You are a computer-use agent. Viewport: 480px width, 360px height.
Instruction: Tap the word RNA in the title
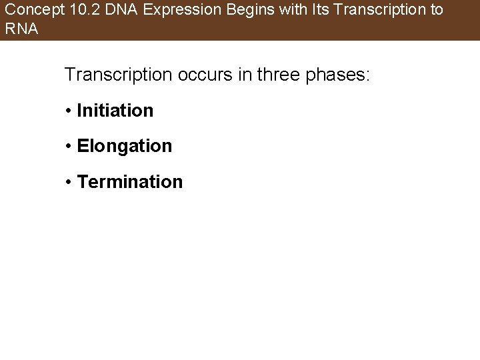[21, 29]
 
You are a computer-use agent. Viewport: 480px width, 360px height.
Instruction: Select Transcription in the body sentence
[117, 75]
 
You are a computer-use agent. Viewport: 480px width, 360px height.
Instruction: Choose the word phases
[338, 75]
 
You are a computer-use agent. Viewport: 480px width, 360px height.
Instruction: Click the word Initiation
[115, 110]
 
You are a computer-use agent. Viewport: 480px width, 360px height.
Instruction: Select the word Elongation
[125, 146]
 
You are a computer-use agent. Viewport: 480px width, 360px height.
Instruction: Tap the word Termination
[130, 181]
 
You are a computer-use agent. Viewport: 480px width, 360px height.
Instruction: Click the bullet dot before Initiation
[69, 111]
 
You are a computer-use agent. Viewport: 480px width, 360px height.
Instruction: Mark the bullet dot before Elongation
[69, 147]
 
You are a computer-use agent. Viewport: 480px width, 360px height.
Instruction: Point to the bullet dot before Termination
[69, 182]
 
